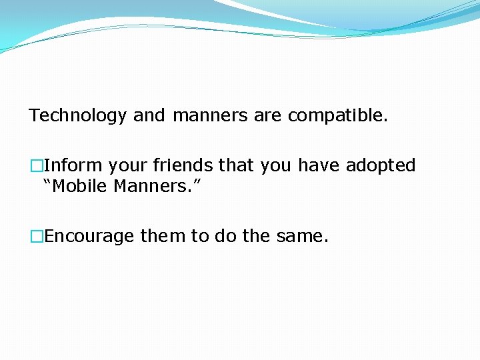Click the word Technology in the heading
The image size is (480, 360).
(77, 116)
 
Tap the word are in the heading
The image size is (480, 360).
(268, 116)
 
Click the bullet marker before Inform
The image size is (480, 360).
(35, 165)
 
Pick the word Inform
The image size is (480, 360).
(73, 165)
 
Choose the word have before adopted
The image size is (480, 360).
(319, 165)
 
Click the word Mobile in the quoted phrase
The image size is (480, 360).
(78, 186)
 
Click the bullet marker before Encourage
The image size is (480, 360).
(35, 236)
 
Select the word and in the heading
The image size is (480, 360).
(149, 116)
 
